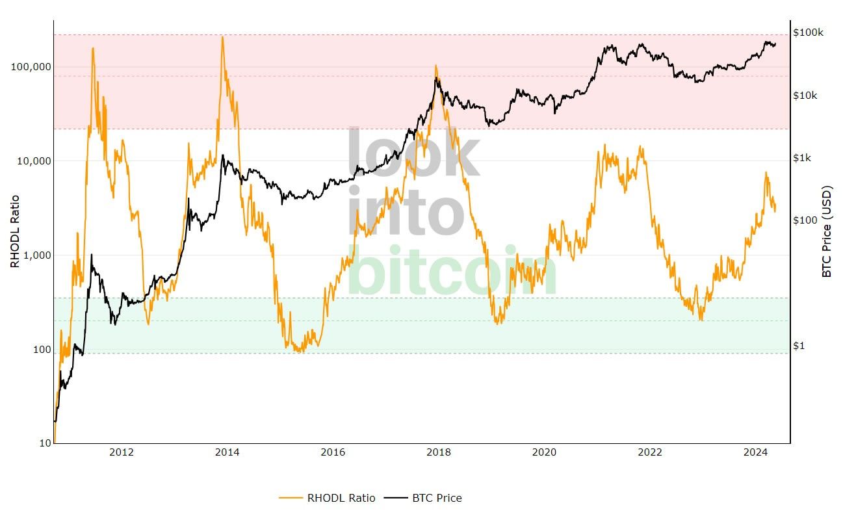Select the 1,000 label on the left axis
(x=34, y=255)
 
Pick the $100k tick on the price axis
(x=808, y=32)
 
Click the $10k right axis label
(x=805, y=96)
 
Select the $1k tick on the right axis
(x=803, y=158)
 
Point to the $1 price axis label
(x=799, y=346)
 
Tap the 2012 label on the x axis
(x=122, y=453)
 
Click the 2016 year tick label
(x=333, y=453)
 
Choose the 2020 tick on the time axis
(x=545, y=453)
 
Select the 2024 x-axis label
(x=756, y=453)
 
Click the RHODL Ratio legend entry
(x=327, y=499)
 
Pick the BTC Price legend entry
(x=422, y=499)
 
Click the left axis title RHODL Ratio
(x=15, y=231)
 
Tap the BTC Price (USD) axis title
(x=827, y=232)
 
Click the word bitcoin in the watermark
(x=452, y=272)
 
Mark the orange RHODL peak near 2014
(x=222, y=37)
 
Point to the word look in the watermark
(x=415, y=155)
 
